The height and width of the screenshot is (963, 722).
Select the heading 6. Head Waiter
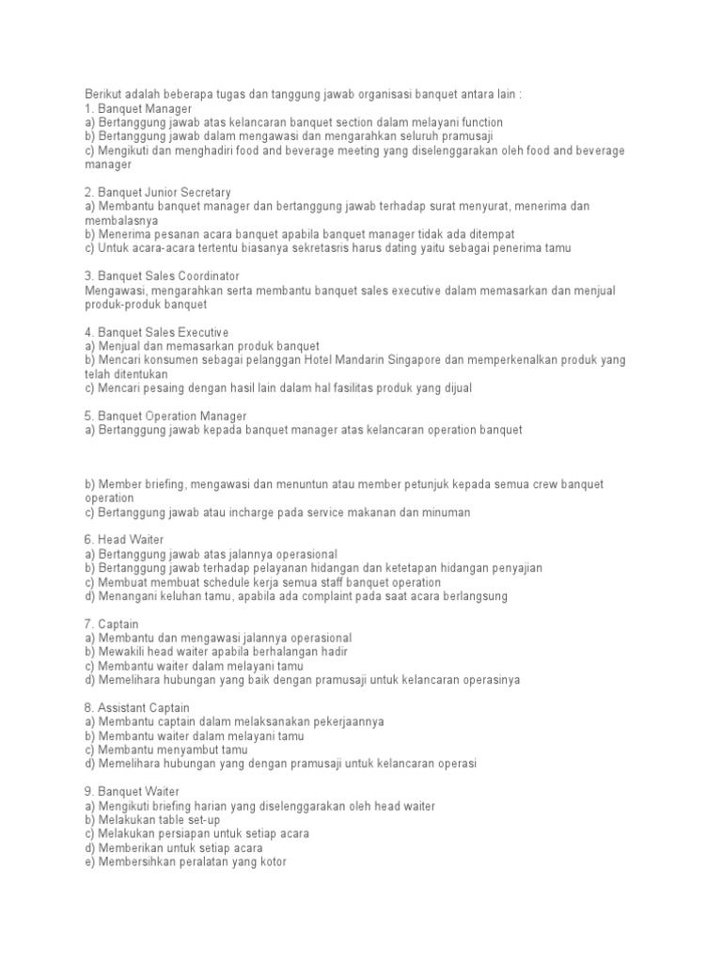click(124, 540)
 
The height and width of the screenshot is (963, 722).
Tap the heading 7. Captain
click(111, 624)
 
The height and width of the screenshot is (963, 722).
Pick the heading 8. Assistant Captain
click(136, 707)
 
